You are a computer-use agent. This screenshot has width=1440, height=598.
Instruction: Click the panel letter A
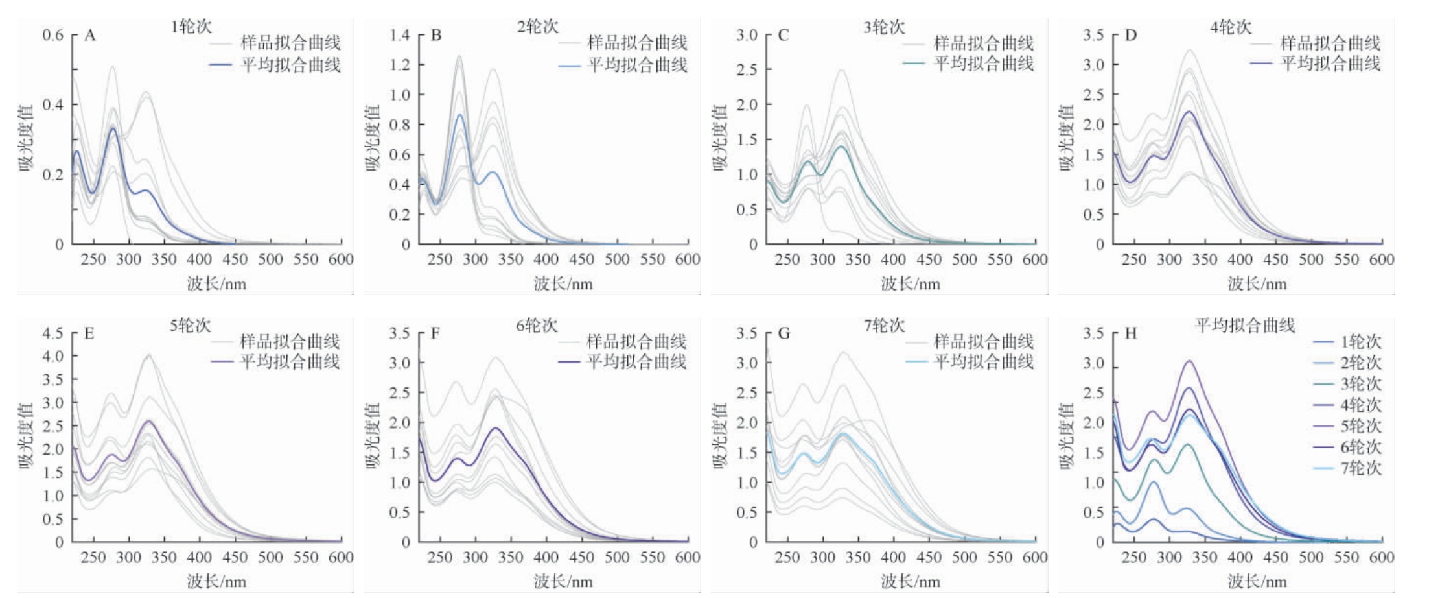[90, 36]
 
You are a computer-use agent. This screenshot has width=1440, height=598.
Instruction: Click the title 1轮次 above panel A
[191, 27]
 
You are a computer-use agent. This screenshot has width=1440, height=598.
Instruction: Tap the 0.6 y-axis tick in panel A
[53, 35]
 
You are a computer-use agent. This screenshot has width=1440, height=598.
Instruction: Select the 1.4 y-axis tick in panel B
[400, 35]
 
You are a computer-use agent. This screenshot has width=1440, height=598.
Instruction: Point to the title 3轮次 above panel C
[884, 27]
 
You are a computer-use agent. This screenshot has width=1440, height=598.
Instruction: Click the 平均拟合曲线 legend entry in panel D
[1330, 64]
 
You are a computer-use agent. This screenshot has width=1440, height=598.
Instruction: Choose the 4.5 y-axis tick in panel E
[53, 333]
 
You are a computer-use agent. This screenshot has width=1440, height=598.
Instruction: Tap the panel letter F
[435, 334]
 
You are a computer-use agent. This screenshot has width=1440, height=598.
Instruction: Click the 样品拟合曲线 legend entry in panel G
[983, 342]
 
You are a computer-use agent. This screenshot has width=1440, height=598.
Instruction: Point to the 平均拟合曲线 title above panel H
[1244, 326]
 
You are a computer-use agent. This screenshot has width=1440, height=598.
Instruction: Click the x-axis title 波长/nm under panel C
[910, 284]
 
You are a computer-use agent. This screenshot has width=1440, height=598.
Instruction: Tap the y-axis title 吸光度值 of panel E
[27, 436]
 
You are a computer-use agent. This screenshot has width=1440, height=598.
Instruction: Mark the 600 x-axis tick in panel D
[1381, 260]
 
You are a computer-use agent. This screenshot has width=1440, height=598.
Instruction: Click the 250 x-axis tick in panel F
[440, 558]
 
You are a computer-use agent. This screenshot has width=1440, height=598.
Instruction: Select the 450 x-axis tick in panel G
[929, 558]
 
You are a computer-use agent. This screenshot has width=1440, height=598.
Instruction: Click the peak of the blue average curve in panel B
[460, 115]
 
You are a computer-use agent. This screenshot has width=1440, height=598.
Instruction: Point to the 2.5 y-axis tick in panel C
[747, 69]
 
